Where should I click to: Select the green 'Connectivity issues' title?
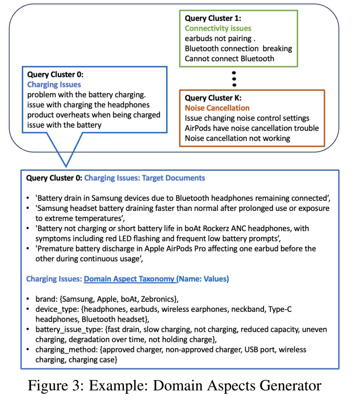coord(218,28)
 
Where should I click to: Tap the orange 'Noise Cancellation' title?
coord(217,108)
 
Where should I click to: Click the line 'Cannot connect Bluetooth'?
coord(229,59)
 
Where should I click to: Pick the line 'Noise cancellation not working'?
coord(237,138)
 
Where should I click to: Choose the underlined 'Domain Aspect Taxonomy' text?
coord(129,279)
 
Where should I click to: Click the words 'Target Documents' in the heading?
coord(173,178)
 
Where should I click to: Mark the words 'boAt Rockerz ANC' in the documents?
coord(222,228)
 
